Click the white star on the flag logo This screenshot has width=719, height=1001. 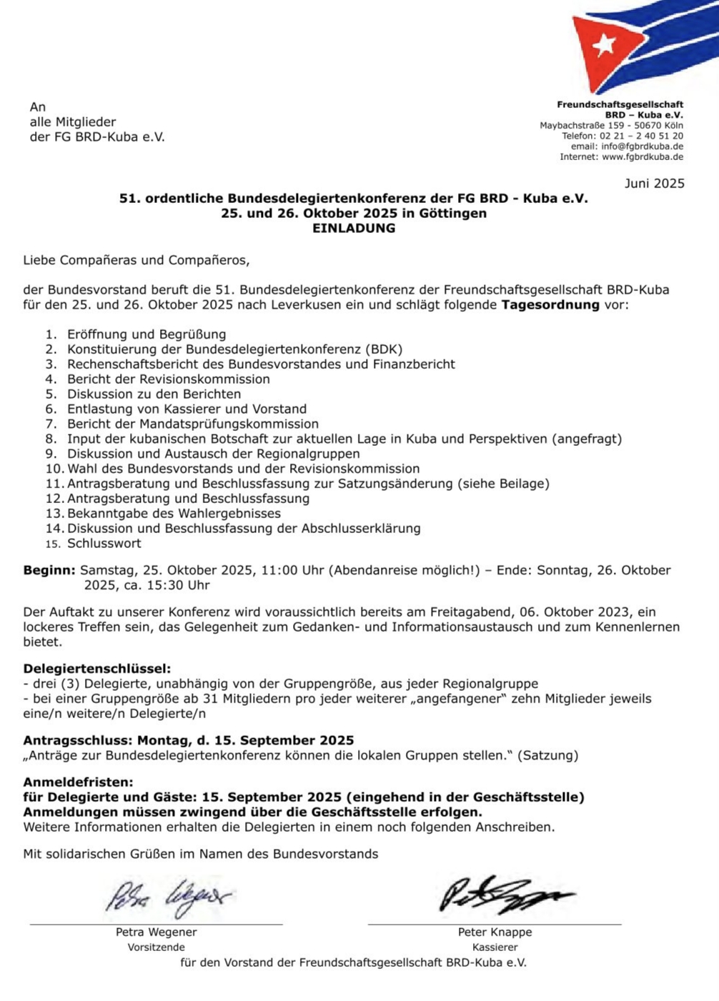coord(604,44)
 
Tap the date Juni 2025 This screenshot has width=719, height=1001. coord(654,184)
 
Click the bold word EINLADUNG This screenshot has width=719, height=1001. coord(353,229)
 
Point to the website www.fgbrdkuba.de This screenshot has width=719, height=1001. coord(642,157)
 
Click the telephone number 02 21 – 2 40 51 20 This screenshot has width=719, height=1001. coord(641,136)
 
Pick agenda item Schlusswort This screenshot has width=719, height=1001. coord(104,544)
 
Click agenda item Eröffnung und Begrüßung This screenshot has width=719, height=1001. coord(147,334)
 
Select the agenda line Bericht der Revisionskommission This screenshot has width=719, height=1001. coord(169,379)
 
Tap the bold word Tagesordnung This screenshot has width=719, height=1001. coord(550,305)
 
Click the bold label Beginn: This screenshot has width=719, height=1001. coord(49,570)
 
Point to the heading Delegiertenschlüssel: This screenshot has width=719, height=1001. coord(97,669)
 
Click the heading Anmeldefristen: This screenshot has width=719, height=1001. coord(78,782)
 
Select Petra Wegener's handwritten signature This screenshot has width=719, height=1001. coord(169,897)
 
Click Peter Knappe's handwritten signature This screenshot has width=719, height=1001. coord(504,895)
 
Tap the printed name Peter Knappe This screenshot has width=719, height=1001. coord(495,932)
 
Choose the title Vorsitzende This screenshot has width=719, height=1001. coord(156,947)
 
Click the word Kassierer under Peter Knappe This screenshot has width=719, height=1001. coord(495,947)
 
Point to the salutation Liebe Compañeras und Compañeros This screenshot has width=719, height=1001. coord(136,260)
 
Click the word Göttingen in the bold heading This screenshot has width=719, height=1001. coord(453,214)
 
